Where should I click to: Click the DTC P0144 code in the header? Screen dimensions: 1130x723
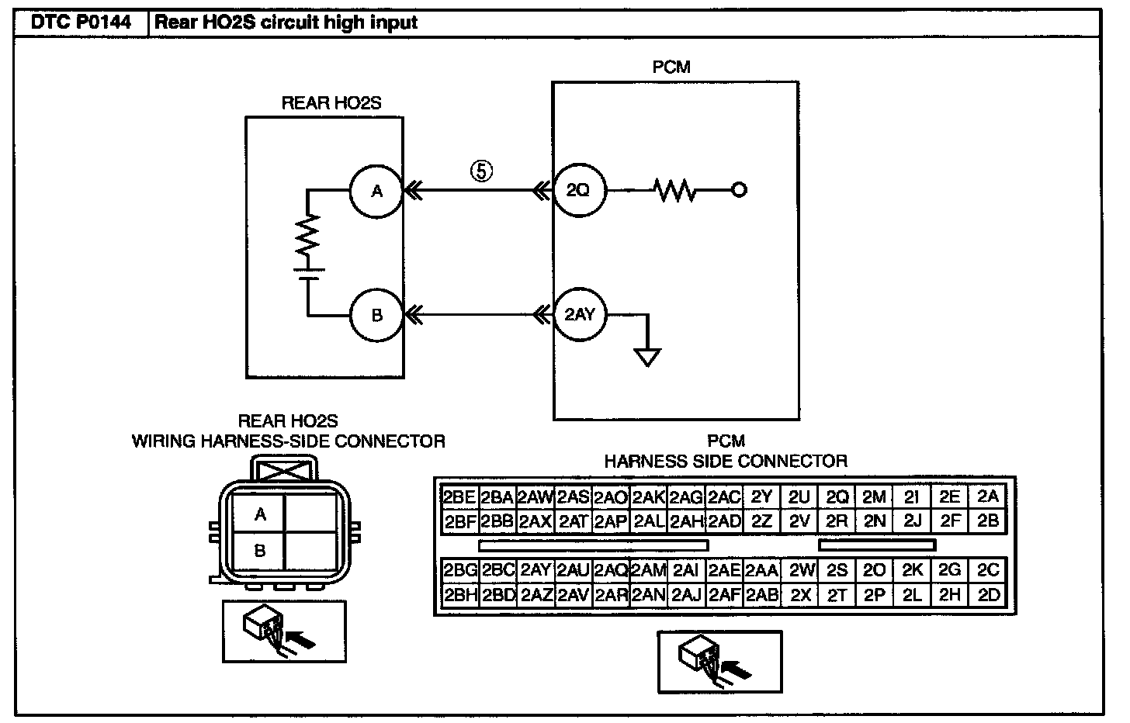[81, 22]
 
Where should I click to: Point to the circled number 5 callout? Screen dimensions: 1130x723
[482, 171]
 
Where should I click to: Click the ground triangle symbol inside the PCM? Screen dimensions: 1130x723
[648, 358]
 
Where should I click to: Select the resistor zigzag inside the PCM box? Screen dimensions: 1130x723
[674, 190]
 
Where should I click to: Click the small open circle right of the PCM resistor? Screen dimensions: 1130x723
[739, 190]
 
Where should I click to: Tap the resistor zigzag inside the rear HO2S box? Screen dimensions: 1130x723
[307, 236]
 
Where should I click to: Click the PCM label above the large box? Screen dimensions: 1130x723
[671, 67]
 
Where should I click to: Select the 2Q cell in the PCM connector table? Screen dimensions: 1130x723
[837, 497]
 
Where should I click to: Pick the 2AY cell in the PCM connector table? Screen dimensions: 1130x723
[536, 570]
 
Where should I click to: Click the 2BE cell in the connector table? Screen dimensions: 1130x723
[459, 497]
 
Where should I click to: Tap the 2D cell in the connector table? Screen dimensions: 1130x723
[988, 596]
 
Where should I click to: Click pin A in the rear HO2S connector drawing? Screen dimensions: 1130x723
[259, 514]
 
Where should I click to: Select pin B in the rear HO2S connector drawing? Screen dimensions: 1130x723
[259, 551]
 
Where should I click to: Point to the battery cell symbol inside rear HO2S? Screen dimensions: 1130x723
[308, 274]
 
